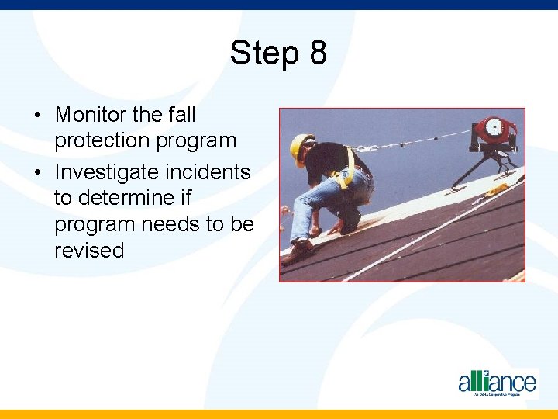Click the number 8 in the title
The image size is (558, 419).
click(x=317, y=54)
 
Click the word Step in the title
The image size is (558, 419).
click(x=264, y=54)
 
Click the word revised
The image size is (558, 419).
click(x=89, y=251)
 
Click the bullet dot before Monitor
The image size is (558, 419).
click(x=37, y=116)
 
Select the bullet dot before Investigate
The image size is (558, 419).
click(x=37, y=172)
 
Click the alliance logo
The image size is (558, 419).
click(x=497, y=383)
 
